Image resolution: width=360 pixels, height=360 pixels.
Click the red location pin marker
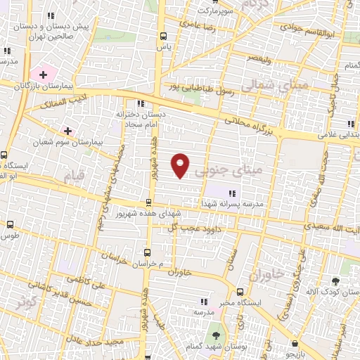[x=181, y=165]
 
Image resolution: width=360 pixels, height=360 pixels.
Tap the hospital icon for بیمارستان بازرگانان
[x=43, y=74]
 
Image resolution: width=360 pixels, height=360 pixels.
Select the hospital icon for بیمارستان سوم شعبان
[x=68, y=131]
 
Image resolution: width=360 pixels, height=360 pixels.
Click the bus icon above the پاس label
[x=164, y=36]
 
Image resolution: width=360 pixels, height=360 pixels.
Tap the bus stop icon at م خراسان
[x=147, y=251]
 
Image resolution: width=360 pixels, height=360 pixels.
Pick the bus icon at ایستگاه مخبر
[x=240, y=292]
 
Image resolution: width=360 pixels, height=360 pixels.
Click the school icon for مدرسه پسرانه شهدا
[x=232, y=193]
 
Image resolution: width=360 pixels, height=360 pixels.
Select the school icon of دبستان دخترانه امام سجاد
[x=140, y=103]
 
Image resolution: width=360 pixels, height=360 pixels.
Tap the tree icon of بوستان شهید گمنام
[x=215, y=336]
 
